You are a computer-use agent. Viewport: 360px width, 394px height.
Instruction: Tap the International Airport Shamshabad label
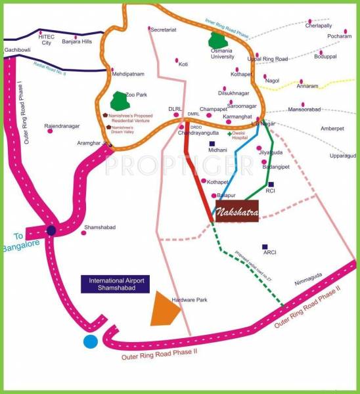(x=116, y=284)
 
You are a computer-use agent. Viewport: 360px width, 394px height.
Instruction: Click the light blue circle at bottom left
(x=90, y=341)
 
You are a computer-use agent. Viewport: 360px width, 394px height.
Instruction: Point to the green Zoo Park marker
(x=119, y=101)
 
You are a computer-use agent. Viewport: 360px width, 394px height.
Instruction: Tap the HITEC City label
(x=47, y=40)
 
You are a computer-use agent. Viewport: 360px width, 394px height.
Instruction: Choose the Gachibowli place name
(x=14, y=50)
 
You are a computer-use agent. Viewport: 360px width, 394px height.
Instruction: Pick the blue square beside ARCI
(x=265, y=246)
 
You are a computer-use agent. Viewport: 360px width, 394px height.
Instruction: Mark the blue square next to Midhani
(x=212, y=143)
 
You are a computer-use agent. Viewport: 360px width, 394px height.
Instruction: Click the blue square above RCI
(x=271, y=185)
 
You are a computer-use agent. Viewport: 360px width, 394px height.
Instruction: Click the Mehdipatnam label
(x=127, y=74)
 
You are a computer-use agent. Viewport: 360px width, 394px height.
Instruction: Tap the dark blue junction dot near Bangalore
(x=51, y=230)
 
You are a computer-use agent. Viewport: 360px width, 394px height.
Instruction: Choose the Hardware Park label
(x=189, y=300)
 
